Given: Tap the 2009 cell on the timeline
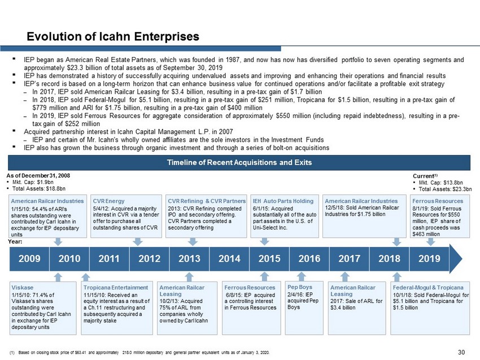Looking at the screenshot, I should (x=29, y=260).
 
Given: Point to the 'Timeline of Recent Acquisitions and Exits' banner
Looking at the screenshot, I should (x=240, y=163).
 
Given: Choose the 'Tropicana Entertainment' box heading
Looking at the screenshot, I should (x=116, y=287).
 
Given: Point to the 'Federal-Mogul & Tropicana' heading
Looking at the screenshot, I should (x=428, y=287).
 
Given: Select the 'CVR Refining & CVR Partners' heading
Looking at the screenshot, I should (x=207, y=201).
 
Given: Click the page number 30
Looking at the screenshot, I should (x=461, y=352).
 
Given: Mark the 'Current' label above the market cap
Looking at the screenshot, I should (x=424, y=176).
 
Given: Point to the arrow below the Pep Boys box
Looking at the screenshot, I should (x=301, y=276).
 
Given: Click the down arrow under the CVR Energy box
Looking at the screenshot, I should (x=137, y=242).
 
